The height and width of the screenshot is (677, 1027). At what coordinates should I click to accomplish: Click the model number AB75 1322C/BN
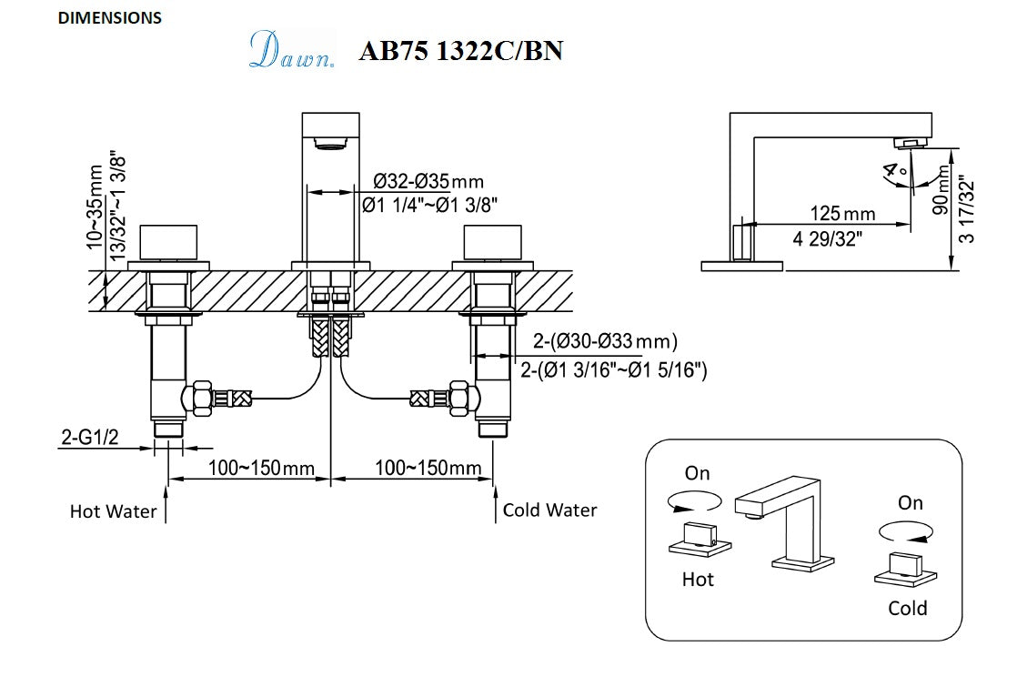click(460, 51)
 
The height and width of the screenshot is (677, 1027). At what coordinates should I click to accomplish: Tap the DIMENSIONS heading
click(110, 17)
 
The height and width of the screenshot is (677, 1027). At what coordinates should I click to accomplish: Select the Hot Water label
click(113, 511)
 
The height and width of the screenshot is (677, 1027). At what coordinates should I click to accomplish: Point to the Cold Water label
click(549, 510)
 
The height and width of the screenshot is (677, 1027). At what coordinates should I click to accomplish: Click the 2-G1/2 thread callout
click(90, 438)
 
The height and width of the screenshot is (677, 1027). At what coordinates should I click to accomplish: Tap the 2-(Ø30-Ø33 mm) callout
click(605, 342)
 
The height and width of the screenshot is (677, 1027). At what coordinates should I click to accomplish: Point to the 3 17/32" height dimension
click(966, 211)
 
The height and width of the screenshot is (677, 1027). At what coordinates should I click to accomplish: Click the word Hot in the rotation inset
click(698, 579)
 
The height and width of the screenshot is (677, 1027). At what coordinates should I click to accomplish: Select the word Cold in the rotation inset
click(907, 608)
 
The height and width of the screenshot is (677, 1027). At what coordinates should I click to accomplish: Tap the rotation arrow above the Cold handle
click(905, 530)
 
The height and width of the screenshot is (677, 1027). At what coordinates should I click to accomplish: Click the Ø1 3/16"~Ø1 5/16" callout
click(614, 370)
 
